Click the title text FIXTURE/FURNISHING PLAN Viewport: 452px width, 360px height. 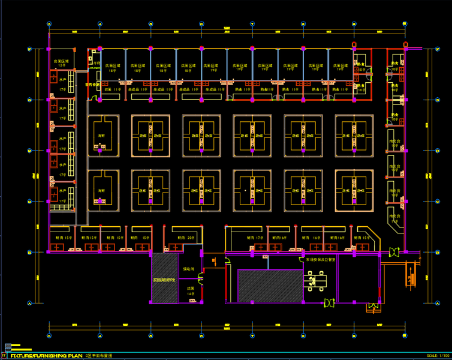[x=46, y=356]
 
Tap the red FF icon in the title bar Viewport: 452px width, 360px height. [x=4, y=356]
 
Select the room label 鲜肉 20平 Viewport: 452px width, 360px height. [x=188, y=238]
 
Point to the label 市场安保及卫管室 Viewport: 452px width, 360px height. [x=317, y=260]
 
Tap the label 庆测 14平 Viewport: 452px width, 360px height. [x=191, y=291]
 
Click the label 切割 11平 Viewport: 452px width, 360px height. [x=112, y=89]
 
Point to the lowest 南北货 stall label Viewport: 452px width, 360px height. [x=394, y=218]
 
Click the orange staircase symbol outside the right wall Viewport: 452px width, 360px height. [x=411, y=277]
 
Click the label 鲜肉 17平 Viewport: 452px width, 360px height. [x=255, y=238]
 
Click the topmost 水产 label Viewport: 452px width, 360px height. [x=62, y=79]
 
